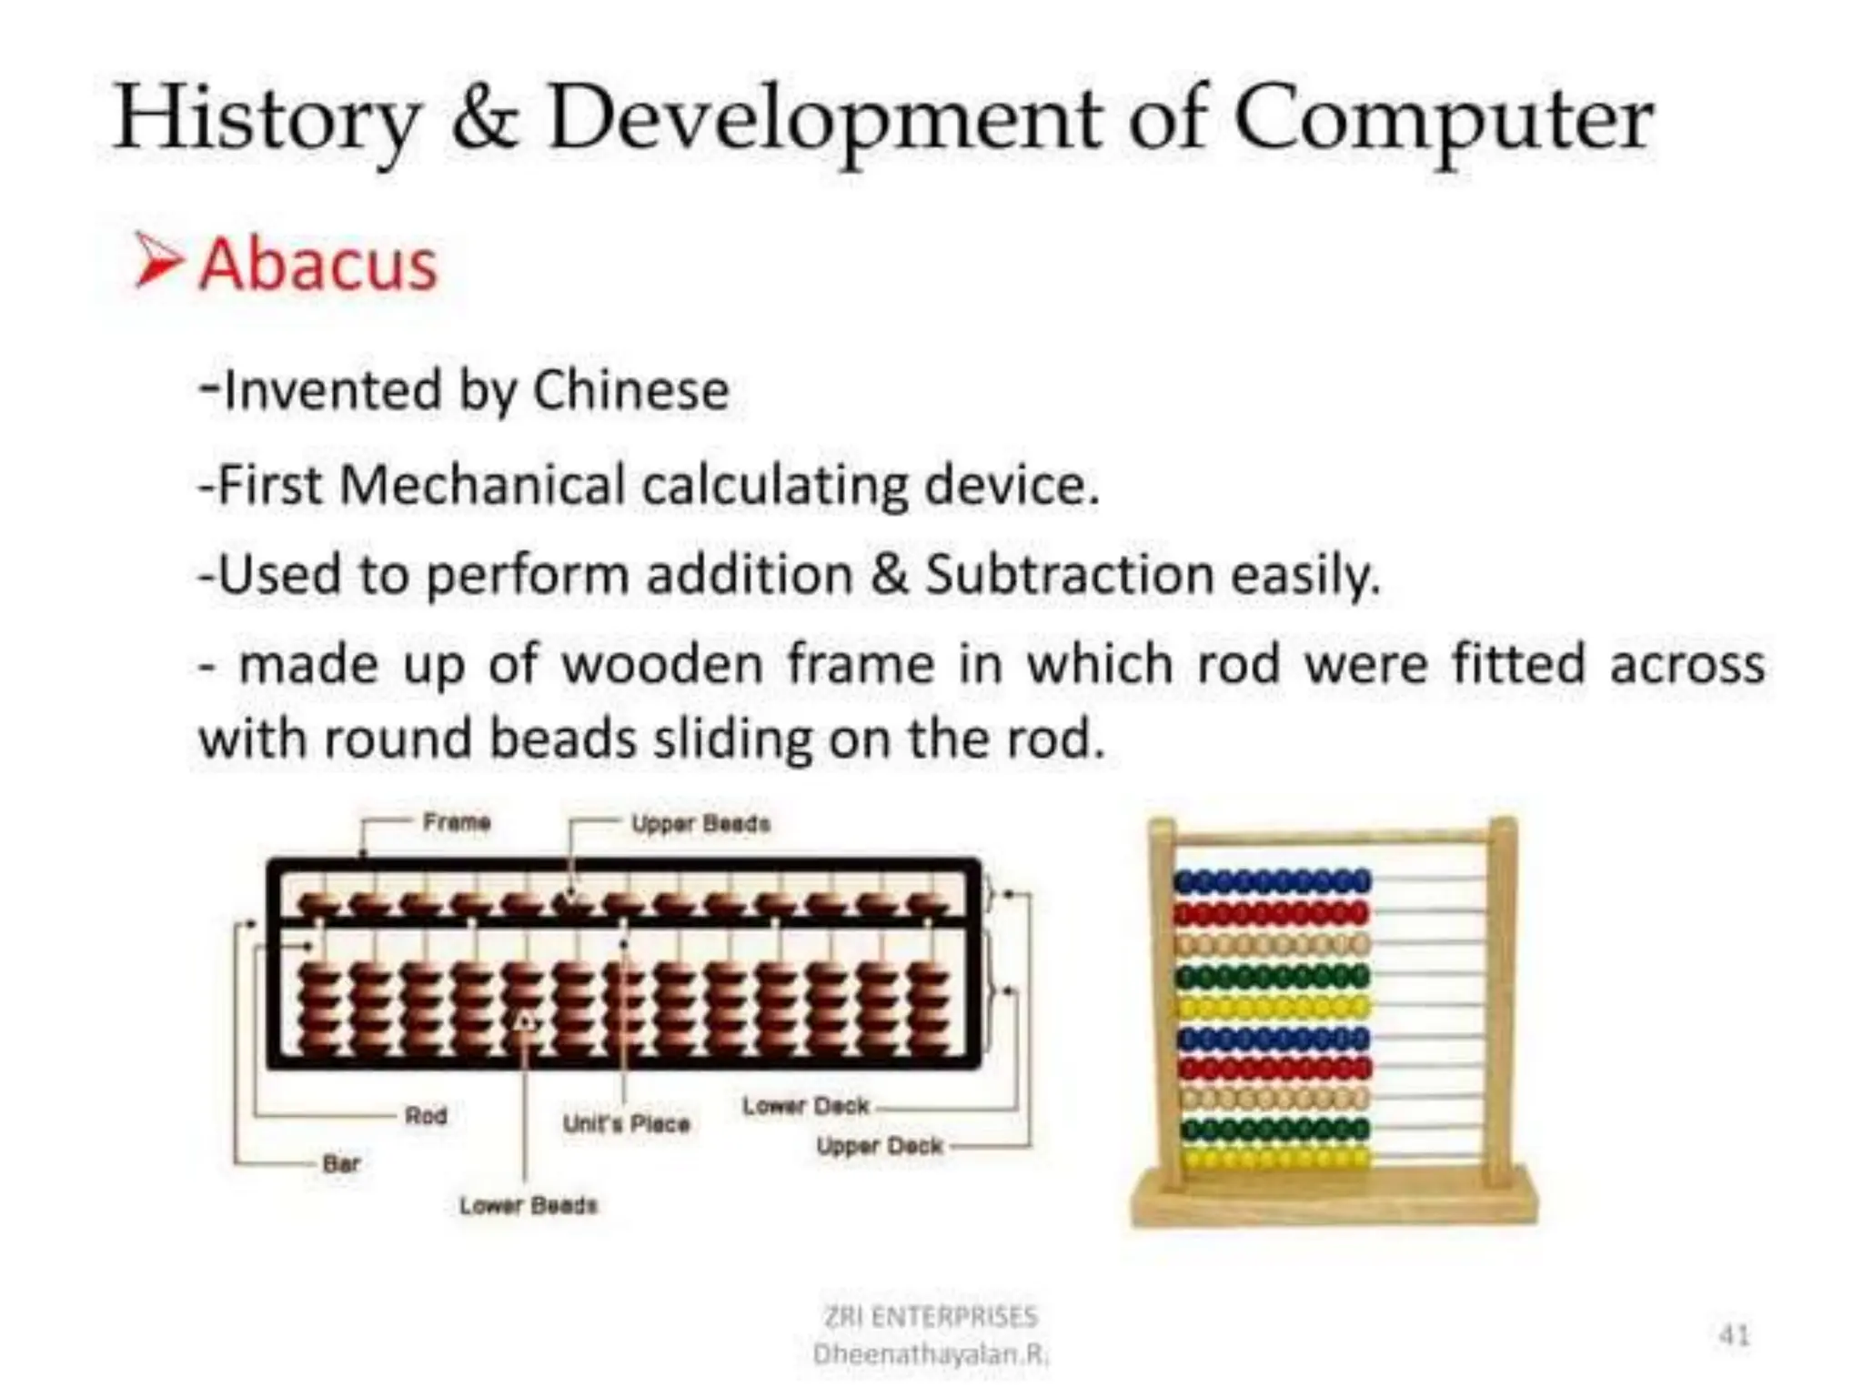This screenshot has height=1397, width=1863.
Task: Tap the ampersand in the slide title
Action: pyautogui.click(x=486, y=120)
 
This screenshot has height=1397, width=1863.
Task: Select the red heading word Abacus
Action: pyautogui.click(x=318, y=266)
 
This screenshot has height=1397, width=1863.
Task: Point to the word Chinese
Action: pyautogui.click(x=630, y=391)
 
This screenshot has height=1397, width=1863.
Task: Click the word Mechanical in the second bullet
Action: pyautogui.click(x=480, y=484)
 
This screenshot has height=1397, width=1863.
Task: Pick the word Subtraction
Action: pyautogui.click(x=1070, y=575)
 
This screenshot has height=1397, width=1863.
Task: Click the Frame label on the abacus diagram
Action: pyautogui.click(x=457, y=823)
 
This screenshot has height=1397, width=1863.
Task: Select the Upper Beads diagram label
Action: pyautogui.click(x=700, y=824)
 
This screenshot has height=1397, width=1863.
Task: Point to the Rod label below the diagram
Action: pyautogui.click(x=426, y=1116)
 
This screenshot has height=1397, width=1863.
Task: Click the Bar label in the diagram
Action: pyautogui.click(x=341, y=1163)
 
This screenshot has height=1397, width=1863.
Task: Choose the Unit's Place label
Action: pyautogui.click(x=626, y=1124)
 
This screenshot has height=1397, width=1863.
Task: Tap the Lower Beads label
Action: pyautogui.click(x=528, y=1206)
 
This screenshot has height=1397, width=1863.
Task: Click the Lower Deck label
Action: pyautogui.click(x=805, y=1107)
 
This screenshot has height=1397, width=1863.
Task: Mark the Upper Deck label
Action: pyautogui.click(x=879, y=1146)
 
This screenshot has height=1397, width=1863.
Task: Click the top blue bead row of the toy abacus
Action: pyautogui.click(x=1272, y=880)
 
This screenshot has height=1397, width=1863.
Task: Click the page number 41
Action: pyautogui.click(x=1734, y=1335)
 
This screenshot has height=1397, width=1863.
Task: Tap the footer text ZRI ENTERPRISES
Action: pyautogui.click(x=930, y=1316)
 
